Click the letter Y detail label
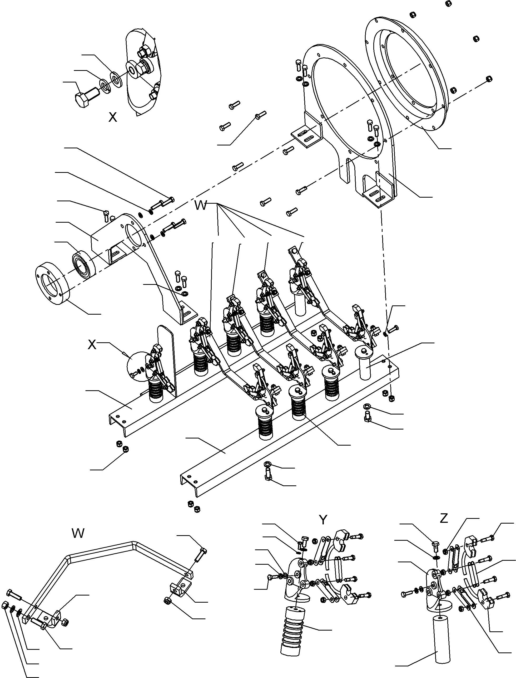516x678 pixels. tap(323, 520)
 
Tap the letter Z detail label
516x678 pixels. tap(444, 519)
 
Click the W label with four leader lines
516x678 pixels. tap(201, 206)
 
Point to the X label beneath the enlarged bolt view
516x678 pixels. tap(113, 117)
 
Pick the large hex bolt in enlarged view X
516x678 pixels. tap(86, 96)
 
